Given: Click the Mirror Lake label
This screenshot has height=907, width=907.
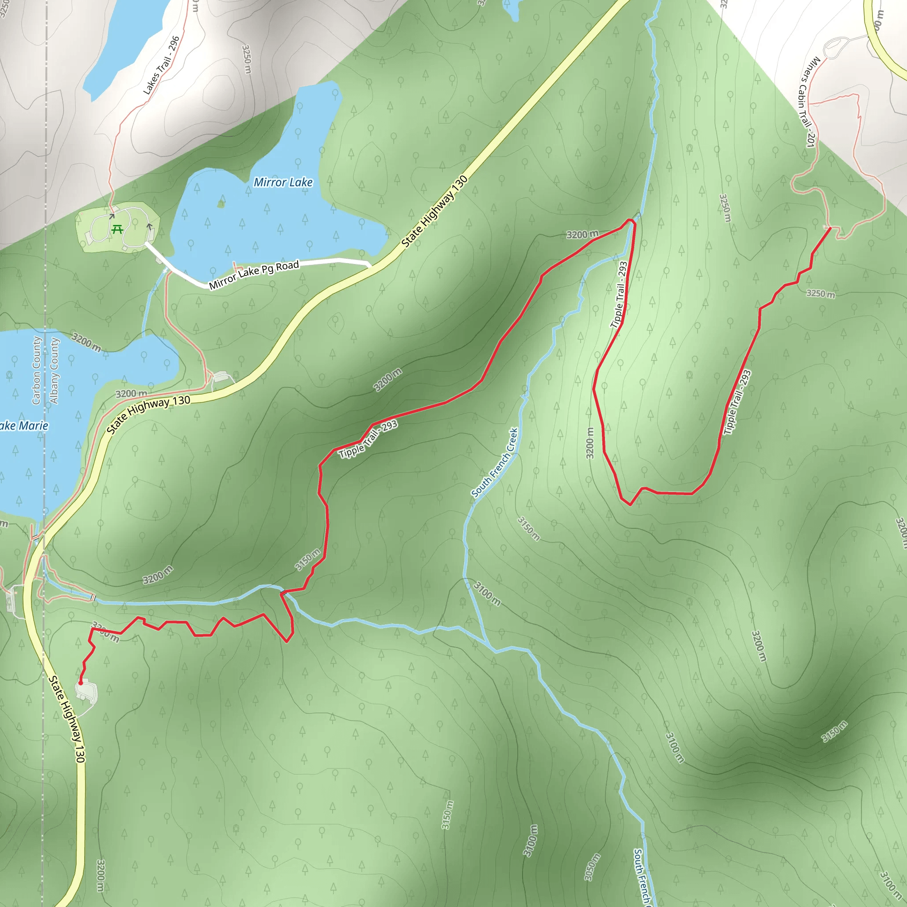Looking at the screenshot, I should pos(283,182).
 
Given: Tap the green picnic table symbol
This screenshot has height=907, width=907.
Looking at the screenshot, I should pos(117,229).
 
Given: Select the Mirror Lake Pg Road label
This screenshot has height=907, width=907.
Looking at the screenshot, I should pos(254,275).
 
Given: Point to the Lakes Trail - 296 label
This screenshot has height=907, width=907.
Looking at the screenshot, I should pos(162,65).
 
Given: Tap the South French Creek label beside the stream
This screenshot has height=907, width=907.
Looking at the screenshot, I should pos(495,462).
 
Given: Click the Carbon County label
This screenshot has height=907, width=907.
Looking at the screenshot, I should pos(37,370).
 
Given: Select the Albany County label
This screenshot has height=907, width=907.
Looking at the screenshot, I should pos(54,371).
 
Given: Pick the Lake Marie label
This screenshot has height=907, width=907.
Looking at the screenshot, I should pos(23,426).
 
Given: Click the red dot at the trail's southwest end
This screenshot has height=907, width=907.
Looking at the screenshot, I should pos(81,683).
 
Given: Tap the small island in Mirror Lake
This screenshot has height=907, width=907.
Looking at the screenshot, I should pos(221,204).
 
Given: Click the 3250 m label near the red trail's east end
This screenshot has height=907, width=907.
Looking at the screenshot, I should pos(821,294).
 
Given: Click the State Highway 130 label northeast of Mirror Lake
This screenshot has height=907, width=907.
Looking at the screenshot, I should pos(435,211).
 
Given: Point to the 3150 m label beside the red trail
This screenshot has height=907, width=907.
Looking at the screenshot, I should pos(308,559).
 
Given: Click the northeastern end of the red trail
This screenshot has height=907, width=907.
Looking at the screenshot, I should pos(830,228).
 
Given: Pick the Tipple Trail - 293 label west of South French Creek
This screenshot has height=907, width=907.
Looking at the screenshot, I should pos(368,439).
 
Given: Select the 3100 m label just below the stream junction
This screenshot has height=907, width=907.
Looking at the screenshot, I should pos(487,593).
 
